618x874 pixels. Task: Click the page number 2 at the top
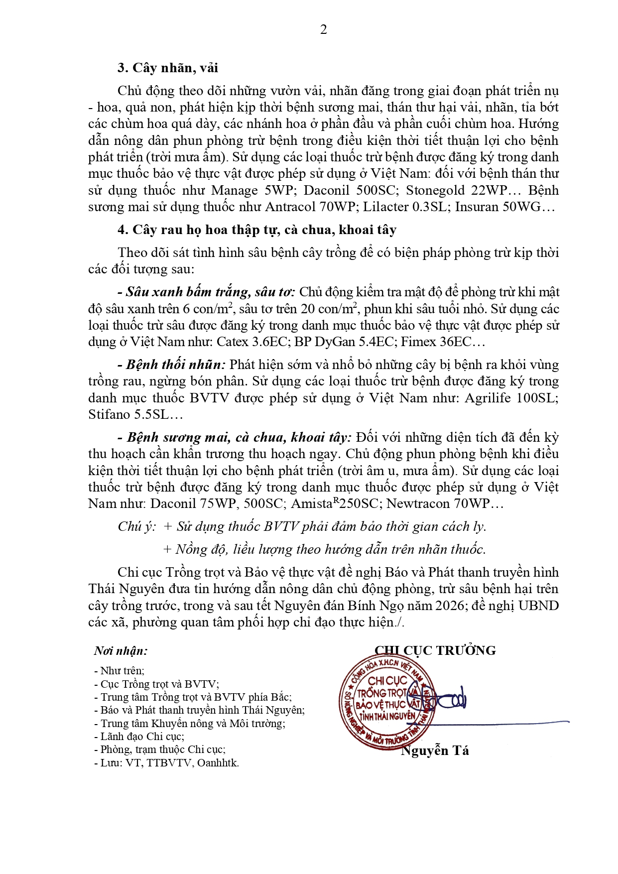[x=324, y=30]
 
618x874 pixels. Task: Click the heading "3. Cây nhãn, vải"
[x=167, y=68]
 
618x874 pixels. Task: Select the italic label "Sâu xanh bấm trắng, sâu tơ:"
[x=206, y=292]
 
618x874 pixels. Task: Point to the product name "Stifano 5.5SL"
[x=128, y=415]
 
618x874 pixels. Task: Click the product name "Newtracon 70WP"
[x=438, y=504]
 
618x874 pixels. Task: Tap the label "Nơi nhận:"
[x=121, y=651]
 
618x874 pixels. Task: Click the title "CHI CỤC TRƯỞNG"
[x=435, y=651]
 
